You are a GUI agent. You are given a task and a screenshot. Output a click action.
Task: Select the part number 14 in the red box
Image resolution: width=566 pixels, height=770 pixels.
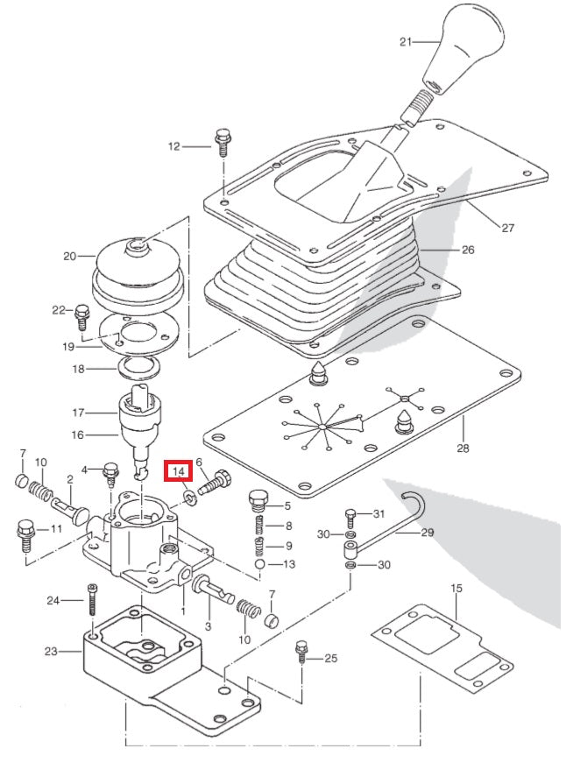179,471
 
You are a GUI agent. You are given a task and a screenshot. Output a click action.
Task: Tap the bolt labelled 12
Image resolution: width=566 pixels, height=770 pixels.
220,143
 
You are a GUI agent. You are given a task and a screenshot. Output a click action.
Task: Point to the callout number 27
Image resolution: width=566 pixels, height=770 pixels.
508,228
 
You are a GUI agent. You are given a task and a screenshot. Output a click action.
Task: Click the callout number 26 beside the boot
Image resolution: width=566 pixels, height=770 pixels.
467,250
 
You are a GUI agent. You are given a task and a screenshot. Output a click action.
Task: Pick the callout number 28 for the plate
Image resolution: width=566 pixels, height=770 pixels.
463,449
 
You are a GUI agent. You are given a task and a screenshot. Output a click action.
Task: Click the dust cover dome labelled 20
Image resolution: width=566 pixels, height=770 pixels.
137,263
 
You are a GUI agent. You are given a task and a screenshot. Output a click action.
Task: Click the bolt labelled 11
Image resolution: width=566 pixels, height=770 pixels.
26,533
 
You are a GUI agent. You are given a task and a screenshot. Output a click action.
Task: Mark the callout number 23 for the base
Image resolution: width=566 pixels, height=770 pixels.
50,651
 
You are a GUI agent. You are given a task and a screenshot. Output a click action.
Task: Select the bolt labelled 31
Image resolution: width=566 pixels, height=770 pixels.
350,514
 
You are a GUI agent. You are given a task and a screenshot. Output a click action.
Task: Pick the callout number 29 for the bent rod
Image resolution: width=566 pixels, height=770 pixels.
428,532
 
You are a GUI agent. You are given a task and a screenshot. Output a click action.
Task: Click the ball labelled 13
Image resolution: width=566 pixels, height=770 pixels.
262,564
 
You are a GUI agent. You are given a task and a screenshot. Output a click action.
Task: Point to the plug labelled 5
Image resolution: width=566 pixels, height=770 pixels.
257,502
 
